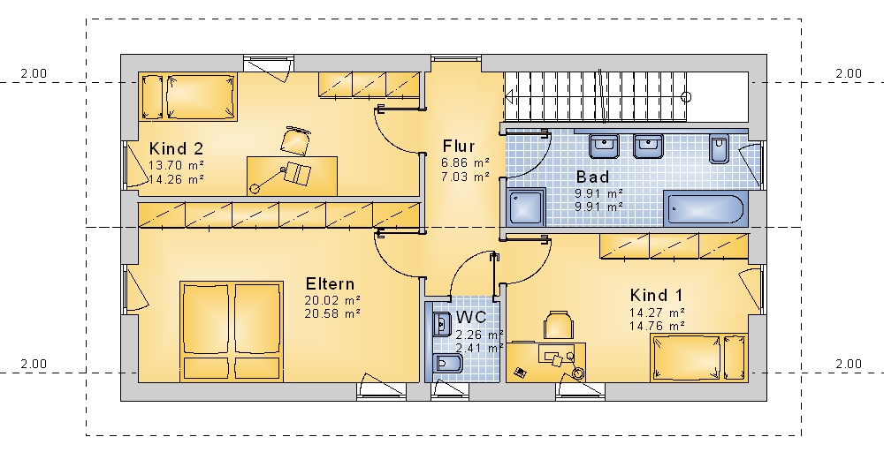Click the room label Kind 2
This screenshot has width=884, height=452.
[176, 149]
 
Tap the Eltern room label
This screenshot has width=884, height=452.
[330, 283]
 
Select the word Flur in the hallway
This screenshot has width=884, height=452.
[459, 147]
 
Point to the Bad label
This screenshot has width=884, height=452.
[592, 177]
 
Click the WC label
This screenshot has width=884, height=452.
[471, 317]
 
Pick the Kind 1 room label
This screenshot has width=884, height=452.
[656, 295]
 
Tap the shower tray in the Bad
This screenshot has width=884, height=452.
[527, 207]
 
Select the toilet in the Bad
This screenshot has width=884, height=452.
[719, 148]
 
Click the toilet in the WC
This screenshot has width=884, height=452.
[447, 364]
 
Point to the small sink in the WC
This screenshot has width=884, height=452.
[440, 324]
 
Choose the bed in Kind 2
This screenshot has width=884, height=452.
[188, 96]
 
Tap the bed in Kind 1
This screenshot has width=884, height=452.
[699, 358]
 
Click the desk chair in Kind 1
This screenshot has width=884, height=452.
[558, 325]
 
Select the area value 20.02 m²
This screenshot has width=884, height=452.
[332, 300]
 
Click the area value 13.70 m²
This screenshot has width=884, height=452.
[176, 165]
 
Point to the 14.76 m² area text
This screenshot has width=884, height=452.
[657, 326]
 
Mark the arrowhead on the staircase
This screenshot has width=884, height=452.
[509, 97]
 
